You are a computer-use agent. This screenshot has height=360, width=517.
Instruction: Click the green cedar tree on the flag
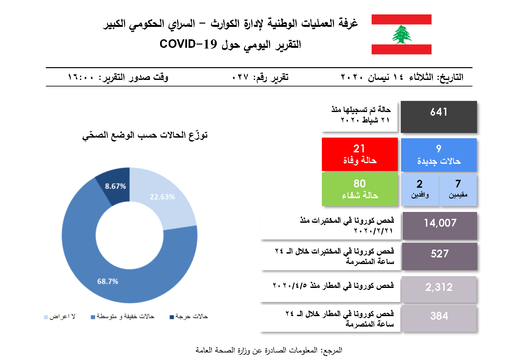[x=401, y=34]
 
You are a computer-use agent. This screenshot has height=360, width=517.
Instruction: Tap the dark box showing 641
[x=439, y=117]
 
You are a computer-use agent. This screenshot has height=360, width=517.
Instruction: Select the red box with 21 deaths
[x=360, y=154]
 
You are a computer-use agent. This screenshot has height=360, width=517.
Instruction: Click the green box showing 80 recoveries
[x=360, y=189]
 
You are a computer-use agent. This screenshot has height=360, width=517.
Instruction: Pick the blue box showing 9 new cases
[x=439, y=155]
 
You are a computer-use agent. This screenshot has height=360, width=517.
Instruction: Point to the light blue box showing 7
[x=458, y=189]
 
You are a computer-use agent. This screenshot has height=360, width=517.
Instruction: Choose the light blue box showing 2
[x=420, y=189]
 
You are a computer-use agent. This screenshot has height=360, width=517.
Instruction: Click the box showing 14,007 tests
[x=440, y=226]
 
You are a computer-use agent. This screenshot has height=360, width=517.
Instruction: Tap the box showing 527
[x=439, y=256]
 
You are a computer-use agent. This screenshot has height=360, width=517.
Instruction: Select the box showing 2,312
[x=439, y=289]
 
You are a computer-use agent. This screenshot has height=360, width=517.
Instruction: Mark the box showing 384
[x=439, y=318]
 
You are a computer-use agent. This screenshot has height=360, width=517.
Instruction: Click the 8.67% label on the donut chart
[x=115, y=186]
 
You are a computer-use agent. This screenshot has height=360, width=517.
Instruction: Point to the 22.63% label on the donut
[x=162, y=197]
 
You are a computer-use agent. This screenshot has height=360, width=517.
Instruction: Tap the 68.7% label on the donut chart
[x=108, y=281]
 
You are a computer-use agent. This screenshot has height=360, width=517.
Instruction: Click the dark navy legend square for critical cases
[x=172, y=317]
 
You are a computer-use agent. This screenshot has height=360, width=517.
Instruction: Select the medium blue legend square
[x=93, y=317]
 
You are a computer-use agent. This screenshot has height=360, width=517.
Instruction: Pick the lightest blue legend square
[x=46, y=317]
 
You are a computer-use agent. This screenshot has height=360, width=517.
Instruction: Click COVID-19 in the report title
[x=188, y=44]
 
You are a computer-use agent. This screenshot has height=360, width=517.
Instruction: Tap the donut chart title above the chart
[x=145, y=135]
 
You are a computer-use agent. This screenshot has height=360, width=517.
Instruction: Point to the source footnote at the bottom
[x=269, y=350]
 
